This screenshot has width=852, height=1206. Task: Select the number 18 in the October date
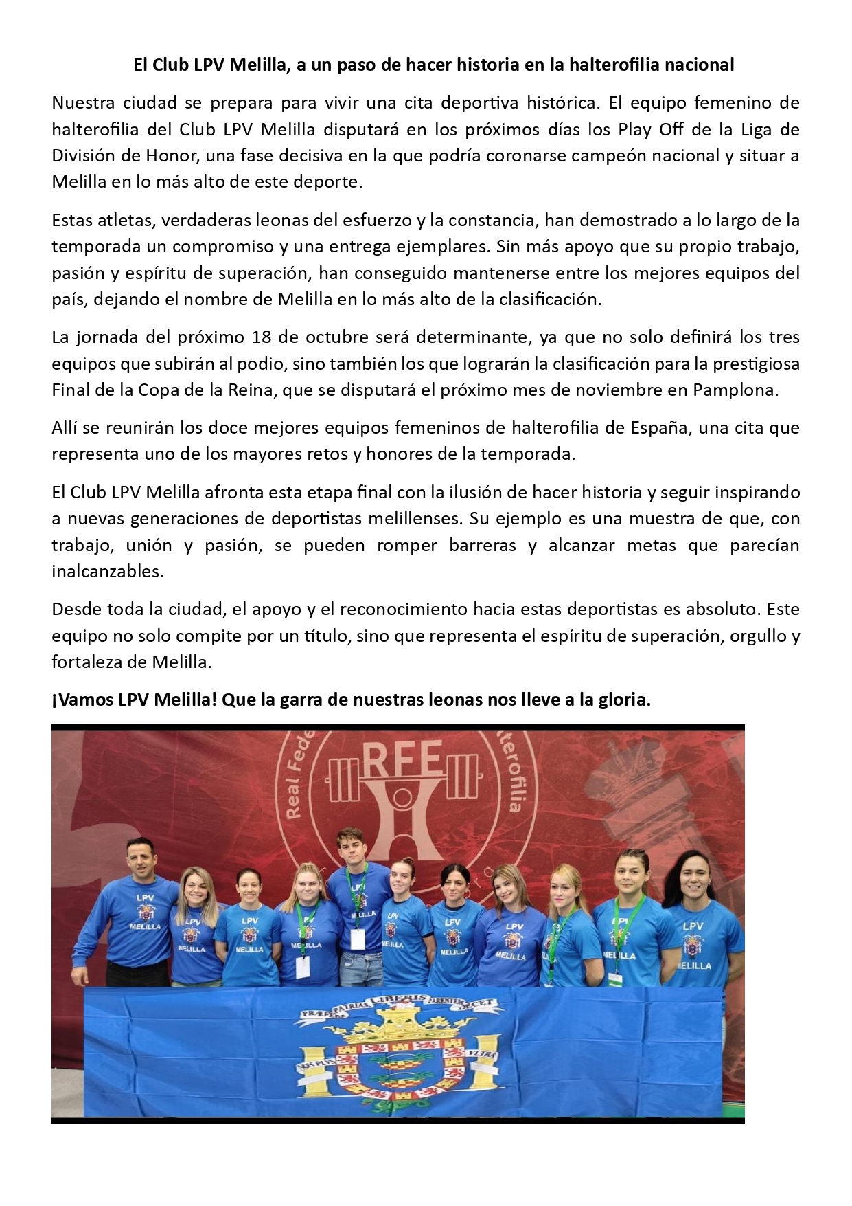point(262,337)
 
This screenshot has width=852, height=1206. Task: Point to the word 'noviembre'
point(611,390)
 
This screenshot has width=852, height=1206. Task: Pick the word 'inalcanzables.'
point(108,571)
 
